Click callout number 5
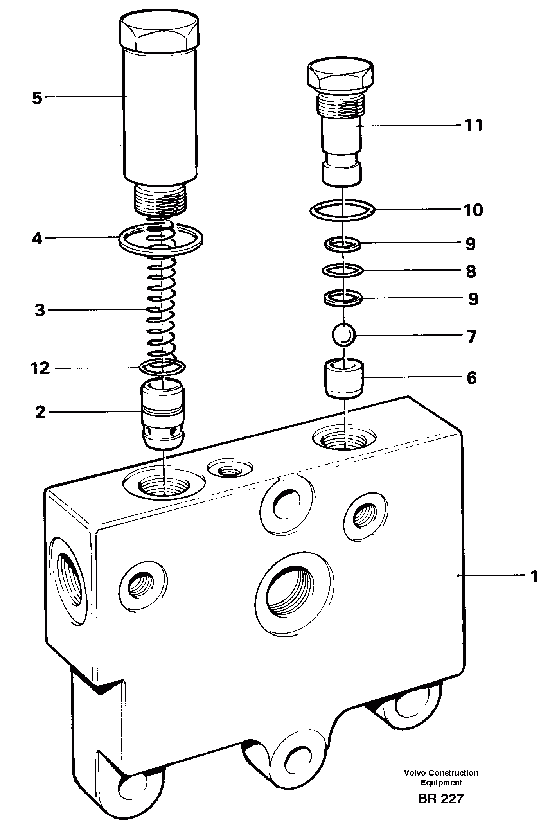pos(37,98)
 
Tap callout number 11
pos(473,125)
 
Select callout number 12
pos(41,368)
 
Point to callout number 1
pos(534,577)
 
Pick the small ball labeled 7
pos(343,334)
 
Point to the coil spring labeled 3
pos(161,309)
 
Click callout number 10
pos(473,210)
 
